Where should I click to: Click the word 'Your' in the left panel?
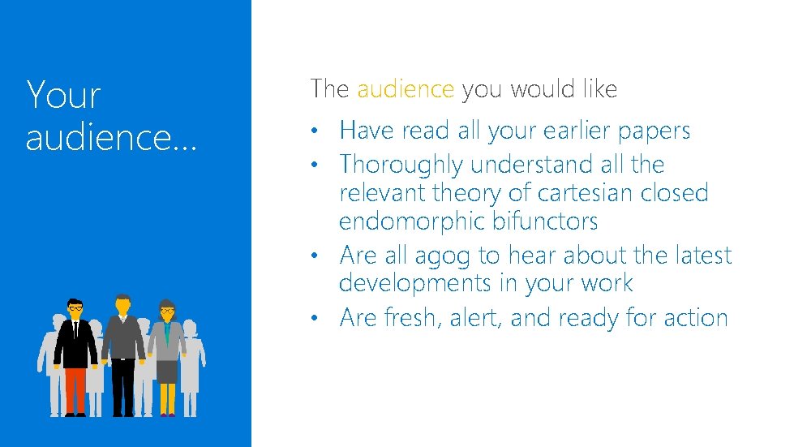(x=63, y=95)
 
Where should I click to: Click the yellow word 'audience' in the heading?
(x=406, y=89)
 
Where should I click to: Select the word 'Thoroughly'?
(x=401, y=165)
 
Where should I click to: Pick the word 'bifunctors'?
(x=549, y=221)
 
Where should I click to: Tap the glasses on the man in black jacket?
(x=75, y=307)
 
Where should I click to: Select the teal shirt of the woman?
(x=167, y=333)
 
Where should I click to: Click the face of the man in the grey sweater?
(x=122, y=307)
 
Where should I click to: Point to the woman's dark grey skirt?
(x=167, y=370)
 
